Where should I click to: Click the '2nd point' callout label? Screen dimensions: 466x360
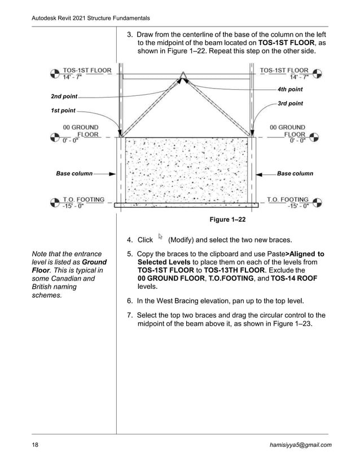point(64,96)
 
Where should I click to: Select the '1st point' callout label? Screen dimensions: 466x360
point(63,111)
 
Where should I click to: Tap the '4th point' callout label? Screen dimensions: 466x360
point(290,90)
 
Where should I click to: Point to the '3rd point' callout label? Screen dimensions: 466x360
point(290,103)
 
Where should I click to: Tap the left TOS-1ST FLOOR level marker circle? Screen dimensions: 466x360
point(55,73)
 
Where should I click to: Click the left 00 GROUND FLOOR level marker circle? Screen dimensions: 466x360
point(55,137)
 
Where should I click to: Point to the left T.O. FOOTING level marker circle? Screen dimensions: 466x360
point(55,202)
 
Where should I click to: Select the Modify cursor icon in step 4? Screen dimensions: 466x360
point(161,237)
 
